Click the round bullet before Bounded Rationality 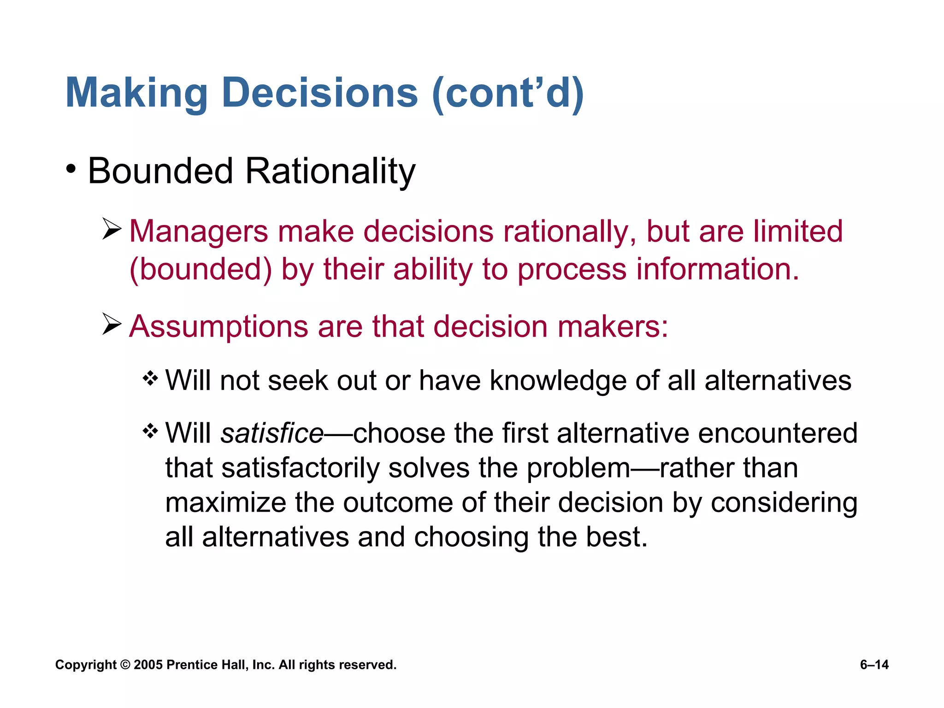pyautogui.click(x=71, y=169)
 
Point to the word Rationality pyautogui.click(x=330, y=172)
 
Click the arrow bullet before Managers pyautogui.click(x=112, y=230)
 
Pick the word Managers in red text pyautogui.click(x=198, y=232)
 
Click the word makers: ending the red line pyautogui.click(x=613, y=327)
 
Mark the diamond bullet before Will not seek pyautogui.click(x=150, y=379)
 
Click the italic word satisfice pyautogui.click(x=272, y=434)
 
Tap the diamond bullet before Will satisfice pyautogui.click(x=150, y=432)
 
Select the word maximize pyautogui.click(x=225, y=502)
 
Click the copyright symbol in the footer pyautogui.click(x=125, y=665)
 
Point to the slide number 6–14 pyautogui.click(x=874, y=665)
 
